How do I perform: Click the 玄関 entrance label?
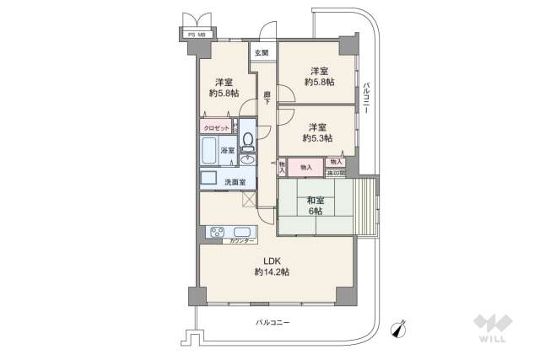263,53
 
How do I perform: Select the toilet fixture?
248,137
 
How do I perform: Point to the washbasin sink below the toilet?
248,159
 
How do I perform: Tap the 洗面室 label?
235,182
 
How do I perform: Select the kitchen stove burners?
214,233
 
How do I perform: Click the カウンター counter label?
240,242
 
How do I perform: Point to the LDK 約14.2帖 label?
272,266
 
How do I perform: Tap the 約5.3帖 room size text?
316,137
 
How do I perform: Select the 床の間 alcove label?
337,173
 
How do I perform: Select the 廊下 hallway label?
267,98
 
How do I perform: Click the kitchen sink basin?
241,233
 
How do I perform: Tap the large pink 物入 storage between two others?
305,168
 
